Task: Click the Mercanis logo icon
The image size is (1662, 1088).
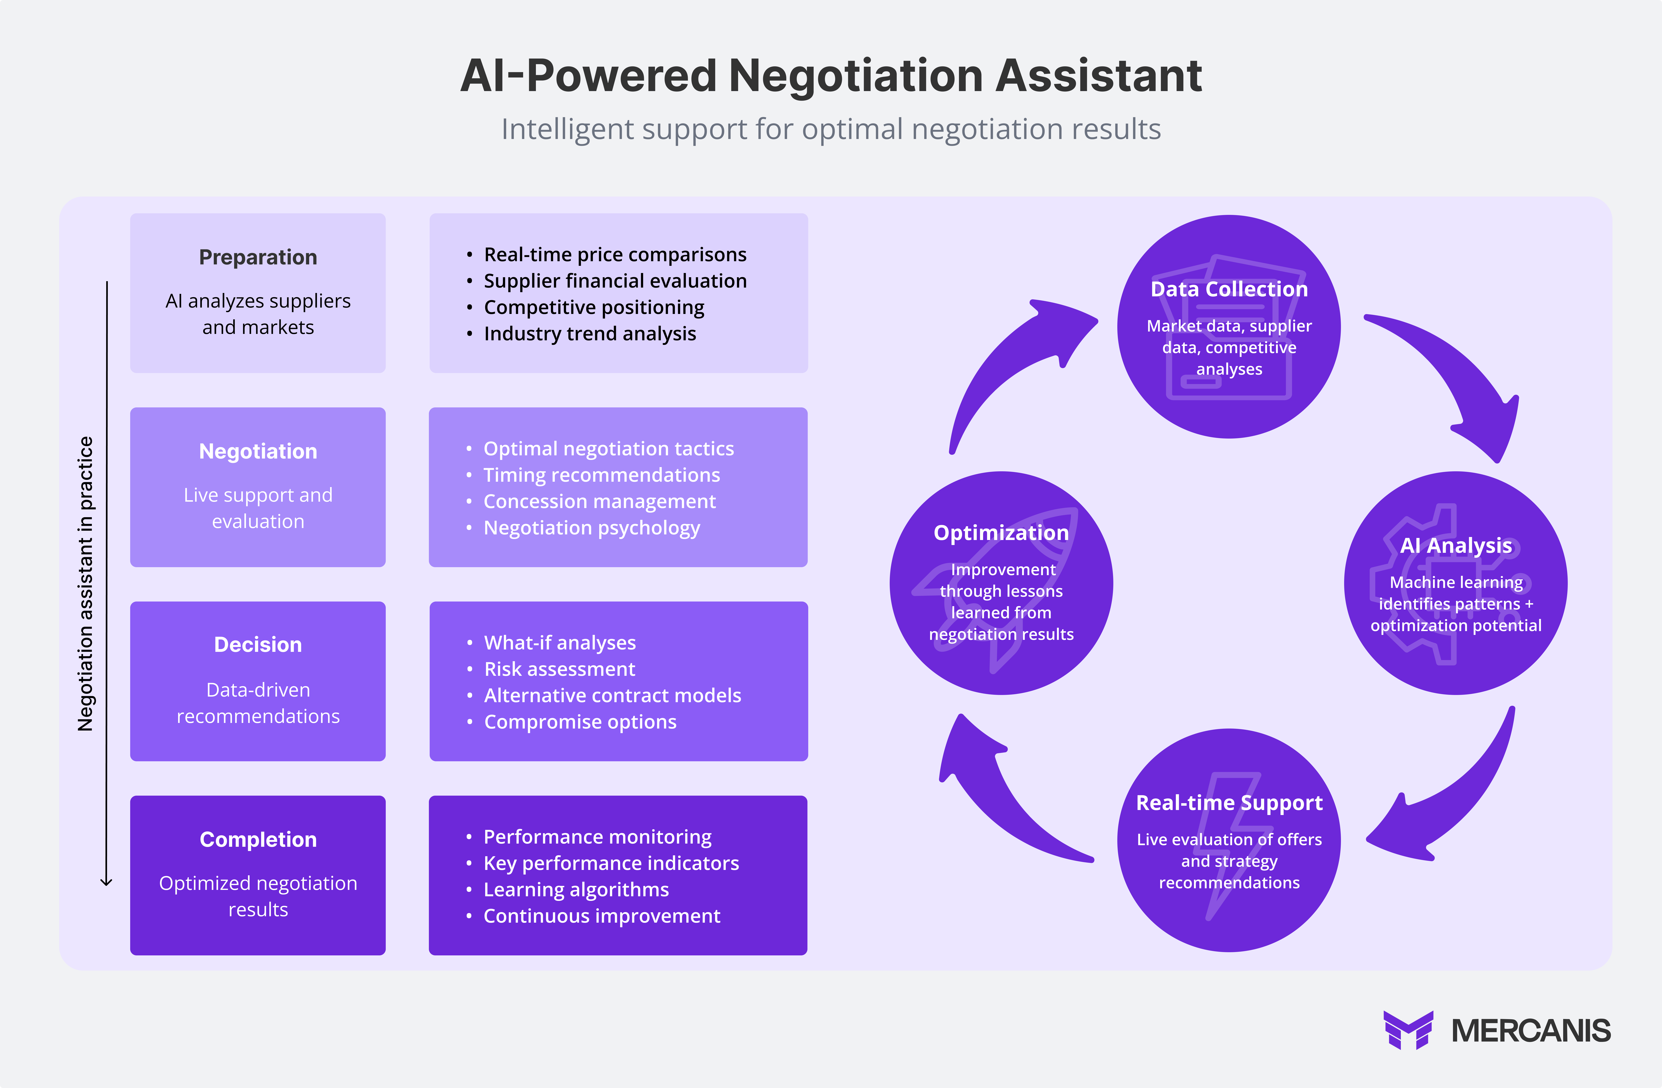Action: [1408, 1030]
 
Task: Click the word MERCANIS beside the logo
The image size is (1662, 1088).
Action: [1531, 1031]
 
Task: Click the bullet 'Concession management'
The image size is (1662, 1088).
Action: [599, 501]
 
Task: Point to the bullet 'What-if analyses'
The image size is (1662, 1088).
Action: [559, 642]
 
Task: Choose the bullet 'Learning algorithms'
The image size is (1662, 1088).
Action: [576, 890]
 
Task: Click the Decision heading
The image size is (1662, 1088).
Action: [258, 645]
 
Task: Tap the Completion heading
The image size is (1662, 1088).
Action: [258, 839]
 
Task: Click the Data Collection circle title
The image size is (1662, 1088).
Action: [1229, 289]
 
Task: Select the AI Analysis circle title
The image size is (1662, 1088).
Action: [1456, 545]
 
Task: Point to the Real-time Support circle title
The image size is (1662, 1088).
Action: [1229, 803]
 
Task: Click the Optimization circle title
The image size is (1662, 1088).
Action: [1001, 533]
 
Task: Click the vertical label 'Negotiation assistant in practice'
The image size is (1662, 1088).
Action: [85, 584]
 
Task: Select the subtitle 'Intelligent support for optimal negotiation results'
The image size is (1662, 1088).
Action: [831, 129]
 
